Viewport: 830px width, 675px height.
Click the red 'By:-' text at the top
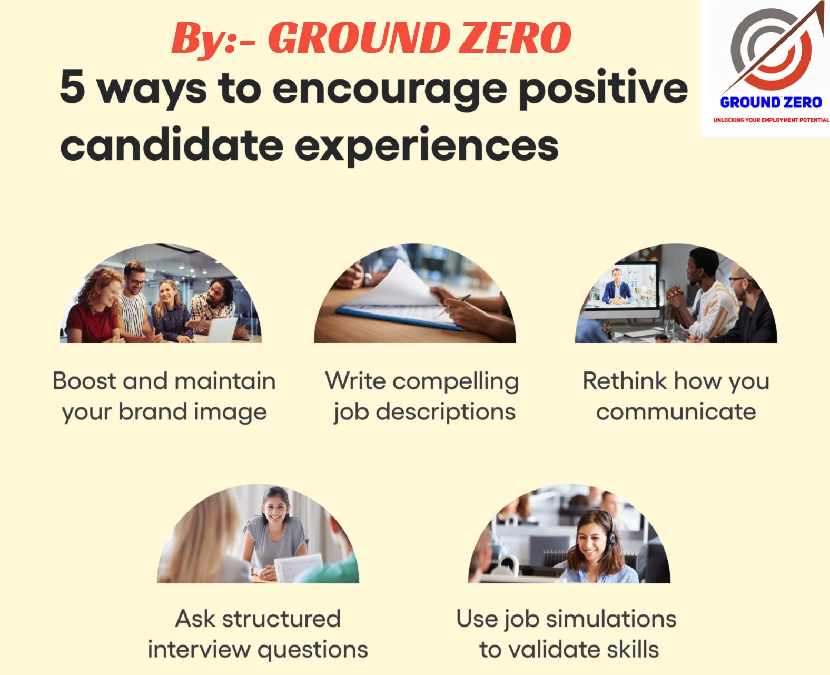click(213, 39)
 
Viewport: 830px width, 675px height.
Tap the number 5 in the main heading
click(73, 86)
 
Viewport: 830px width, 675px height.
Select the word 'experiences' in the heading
click(427, 147)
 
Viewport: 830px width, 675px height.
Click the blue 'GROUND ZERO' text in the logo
click(771, 103)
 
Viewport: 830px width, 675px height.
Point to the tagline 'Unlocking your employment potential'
click(771, 120)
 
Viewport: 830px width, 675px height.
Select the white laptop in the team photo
click(221, 329)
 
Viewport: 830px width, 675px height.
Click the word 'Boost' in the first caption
click(84, 381)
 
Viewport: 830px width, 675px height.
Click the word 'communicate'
click(676, 412)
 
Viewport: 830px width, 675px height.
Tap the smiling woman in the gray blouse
click(275, 534)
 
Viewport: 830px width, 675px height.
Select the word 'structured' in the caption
click(281, 619)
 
